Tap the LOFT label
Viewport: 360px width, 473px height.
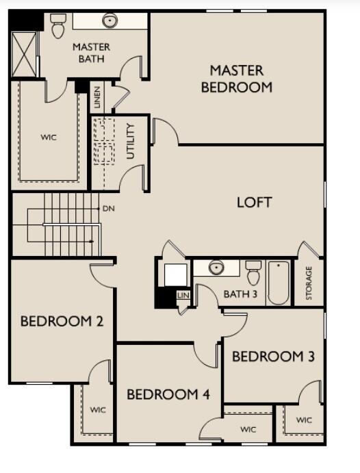pyautogui.click(x=254, y=203)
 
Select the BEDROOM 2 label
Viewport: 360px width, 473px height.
pyautogui.click(x=62, y=321)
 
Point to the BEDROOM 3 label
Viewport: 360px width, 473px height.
pyautogui.click(x=273, y=357)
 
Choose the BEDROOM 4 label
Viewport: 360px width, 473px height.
pyautogui.click(x=168, y=395)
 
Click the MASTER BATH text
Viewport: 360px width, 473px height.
pyautogui.click(x=91, y=53)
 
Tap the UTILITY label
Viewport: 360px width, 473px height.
pyautogui.click(x=131, y=141)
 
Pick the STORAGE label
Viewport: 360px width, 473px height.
pyautogui.click(x=309, y=283)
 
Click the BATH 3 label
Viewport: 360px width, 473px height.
pyautogui.click(x=240, y=295)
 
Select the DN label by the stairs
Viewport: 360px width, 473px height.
pyautogui.click(x=107, y=208)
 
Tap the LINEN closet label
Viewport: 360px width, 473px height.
pyautogui.click(x=98, y=98)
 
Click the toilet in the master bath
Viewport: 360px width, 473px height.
pyautogui.click(x=57, y=26)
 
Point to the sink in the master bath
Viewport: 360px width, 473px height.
pyautogui.click(x=110, y=21)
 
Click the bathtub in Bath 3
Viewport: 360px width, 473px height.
pyautogui.click(x=278, y=282)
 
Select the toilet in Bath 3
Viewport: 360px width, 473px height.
pyautogui.click(x=253, y=272)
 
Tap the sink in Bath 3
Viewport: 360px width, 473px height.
pyautogui.click(x=217, y=268)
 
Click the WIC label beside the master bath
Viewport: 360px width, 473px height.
pyautogui.click(x=48, y=138)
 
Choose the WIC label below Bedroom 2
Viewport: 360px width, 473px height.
pyautogui.click(x=98, y=410)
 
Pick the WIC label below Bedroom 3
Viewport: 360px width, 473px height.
pyautogui.click(x=304, y=420)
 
